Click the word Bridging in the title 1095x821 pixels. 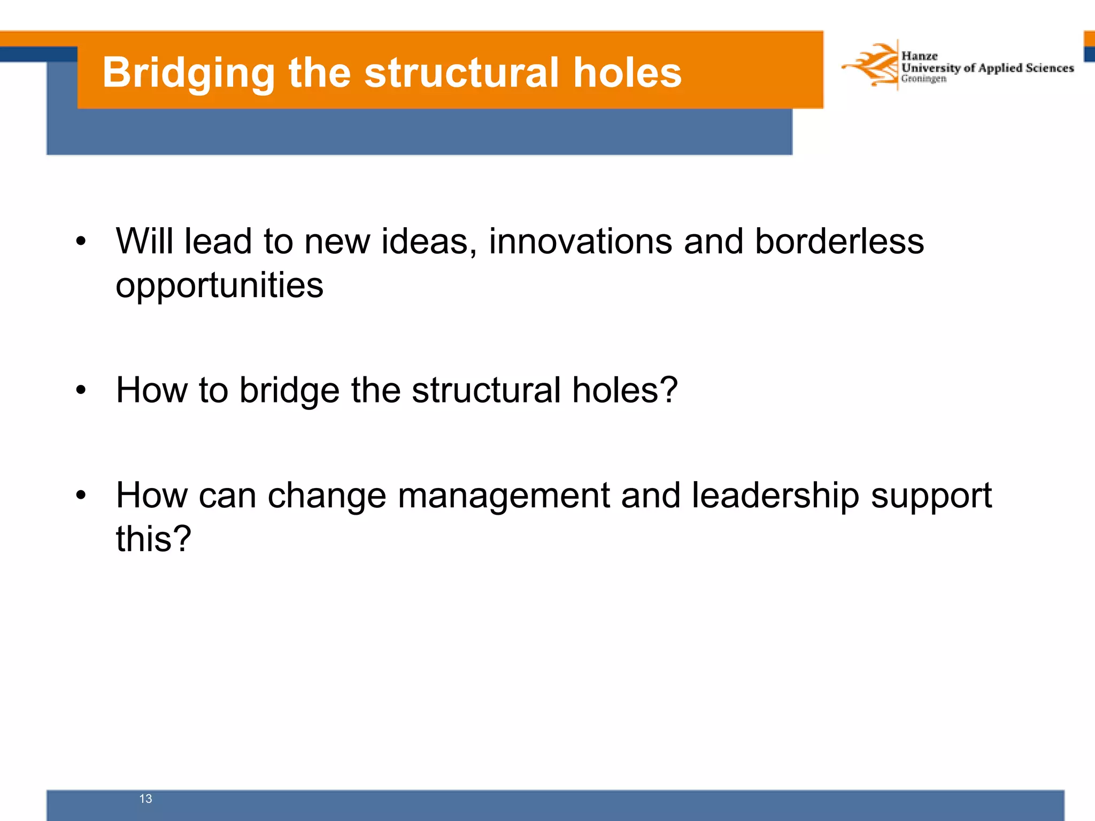188,73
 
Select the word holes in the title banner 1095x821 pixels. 627,73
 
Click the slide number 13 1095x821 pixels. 145,799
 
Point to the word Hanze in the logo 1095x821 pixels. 919,56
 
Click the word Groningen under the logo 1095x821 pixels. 923,79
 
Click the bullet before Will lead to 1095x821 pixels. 81,241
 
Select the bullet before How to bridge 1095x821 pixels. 81,390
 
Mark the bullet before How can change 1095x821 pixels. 81,495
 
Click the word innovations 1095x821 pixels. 580,241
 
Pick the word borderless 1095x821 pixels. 839,241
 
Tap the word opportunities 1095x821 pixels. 219,286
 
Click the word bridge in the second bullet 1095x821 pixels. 289,391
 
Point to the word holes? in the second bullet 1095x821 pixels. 624,390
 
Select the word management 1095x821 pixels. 503,496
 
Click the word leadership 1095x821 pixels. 775,496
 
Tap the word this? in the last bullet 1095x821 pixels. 153,538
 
